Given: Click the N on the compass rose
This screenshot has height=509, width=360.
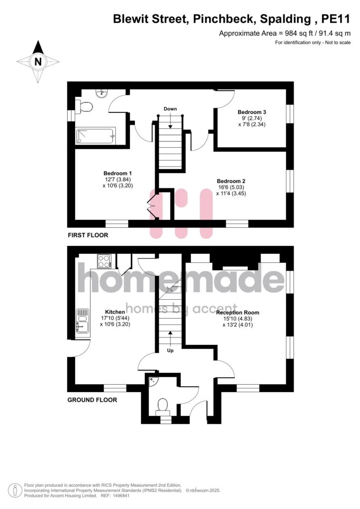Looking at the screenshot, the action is pos(38,61).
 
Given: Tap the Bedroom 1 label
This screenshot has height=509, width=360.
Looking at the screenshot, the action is pos(117,173).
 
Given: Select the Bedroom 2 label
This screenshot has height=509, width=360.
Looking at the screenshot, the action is pos(231,181).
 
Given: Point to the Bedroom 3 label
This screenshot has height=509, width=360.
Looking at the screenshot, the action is pos(252,112).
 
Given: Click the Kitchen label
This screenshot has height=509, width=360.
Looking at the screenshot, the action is pos(115,312).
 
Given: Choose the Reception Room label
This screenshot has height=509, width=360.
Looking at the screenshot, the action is pos(238,313).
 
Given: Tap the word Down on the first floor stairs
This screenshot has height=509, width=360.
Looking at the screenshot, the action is pos(170,109).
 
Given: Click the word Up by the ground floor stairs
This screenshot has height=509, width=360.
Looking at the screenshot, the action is pos(170,350).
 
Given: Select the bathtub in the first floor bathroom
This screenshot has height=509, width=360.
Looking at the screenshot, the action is pos(95,136).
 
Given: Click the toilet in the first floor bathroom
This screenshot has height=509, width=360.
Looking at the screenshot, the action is pos(85,106).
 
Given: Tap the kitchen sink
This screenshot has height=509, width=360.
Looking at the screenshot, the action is pos(83,321).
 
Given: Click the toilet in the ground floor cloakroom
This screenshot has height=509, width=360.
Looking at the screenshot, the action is pos(162,407).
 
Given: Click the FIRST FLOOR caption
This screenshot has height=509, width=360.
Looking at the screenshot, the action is pos(88,235).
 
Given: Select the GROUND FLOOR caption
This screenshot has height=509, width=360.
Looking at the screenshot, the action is pos(92,400).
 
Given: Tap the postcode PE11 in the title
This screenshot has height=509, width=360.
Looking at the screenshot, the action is pos(336,19).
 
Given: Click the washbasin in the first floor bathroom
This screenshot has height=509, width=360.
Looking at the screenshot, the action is pos(101,93).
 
